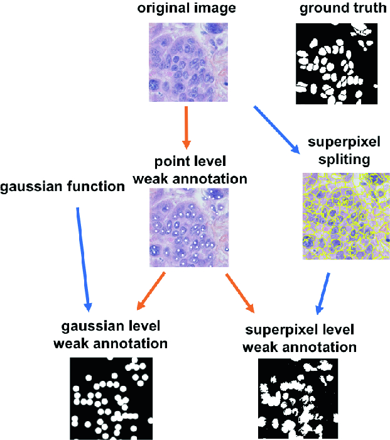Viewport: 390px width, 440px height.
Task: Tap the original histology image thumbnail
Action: pos(187,63)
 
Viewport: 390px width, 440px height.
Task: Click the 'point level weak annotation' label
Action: pos(190,170)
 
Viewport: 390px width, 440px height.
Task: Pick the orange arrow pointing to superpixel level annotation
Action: pos(239,292)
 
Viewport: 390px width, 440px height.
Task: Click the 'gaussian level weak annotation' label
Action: pos(111,335)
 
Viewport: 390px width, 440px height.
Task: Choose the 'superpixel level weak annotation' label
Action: pos(300,338)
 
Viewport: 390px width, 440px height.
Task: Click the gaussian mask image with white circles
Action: pos(111,399)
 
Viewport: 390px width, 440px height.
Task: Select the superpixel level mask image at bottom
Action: pos(298,399)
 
